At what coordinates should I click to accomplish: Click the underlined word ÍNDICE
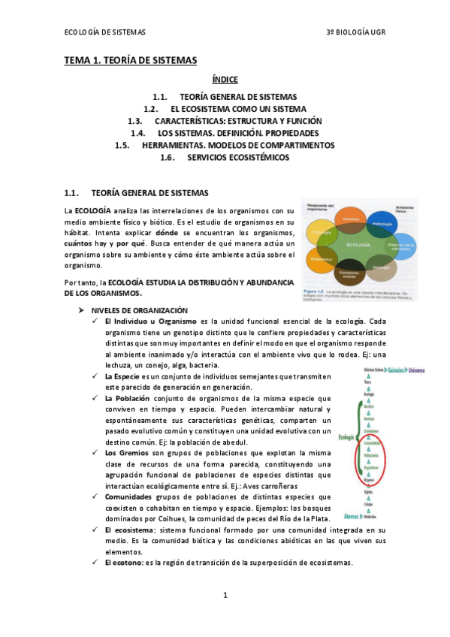pos(225,79)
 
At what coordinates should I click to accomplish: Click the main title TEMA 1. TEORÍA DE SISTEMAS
pos(130,59)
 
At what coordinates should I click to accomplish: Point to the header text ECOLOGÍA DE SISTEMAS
pos(105,32)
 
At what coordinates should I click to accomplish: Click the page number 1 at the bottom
pos(225,595)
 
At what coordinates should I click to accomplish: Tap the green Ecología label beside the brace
pos(346,436)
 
